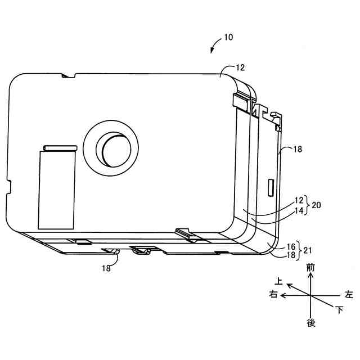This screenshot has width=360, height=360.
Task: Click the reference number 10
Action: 228,38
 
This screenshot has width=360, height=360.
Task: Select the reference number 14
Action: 299,210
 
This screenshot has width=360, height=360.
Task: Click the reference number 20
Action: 316,205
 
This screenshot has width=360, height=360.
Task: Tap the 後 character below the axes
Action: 311,323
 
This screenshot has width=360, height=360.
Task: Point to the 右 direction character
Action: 273,294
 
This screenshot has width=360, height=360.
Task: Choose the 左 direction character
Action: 349,294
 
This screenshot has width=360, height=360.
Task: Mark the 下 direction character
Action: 339,309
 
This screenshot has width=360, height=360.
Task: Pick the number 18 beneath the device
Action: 106,268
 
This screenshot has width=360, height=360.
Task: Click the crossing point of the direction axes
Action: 311,294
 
